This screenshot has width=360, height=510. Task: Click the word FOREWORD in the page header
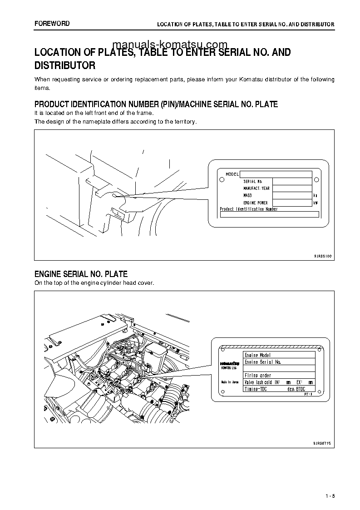click(x=52, y=23)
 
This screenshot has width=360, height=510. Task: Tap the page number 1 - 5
click(x=330, y=496)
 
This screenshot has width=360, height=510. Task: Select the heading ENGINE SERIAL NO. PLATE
click(x=81, y=274)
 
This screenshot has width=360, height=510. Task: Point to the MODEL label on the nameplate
click(x=232, y=174)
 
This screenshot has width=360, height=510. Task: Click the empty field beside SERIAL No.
click(x=292, y=181)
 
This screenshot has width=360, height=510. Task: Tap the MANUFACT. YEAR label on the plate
click(x=256, y=188)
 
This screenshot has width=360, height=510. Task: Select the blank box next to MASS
click(x=292, y=195)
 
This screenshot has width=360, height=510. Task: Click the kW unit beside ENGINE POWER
click(x=316, y=203)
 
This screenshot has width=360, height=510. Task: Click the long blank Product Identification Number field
click(x=269, y=214)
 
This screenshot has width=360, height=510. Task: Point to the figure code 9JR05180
click(x=323, y=256)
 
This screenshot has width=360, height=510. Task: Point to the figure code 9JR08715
click(x=323, y=442)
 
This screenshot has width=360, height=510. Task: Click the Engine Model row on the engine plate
click(x=279, y=355)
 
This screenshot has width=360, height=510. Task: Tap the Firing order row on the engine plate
click(x=279, y=376)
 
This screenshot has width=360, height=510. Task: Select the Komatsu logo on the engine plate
click(x=230, y=364)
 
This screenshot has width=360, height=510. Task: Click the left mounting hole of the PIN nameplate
click(x=221, y=180)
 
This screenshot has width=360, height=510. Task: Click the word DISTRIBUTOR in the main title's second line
click(x=65, y=66)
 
